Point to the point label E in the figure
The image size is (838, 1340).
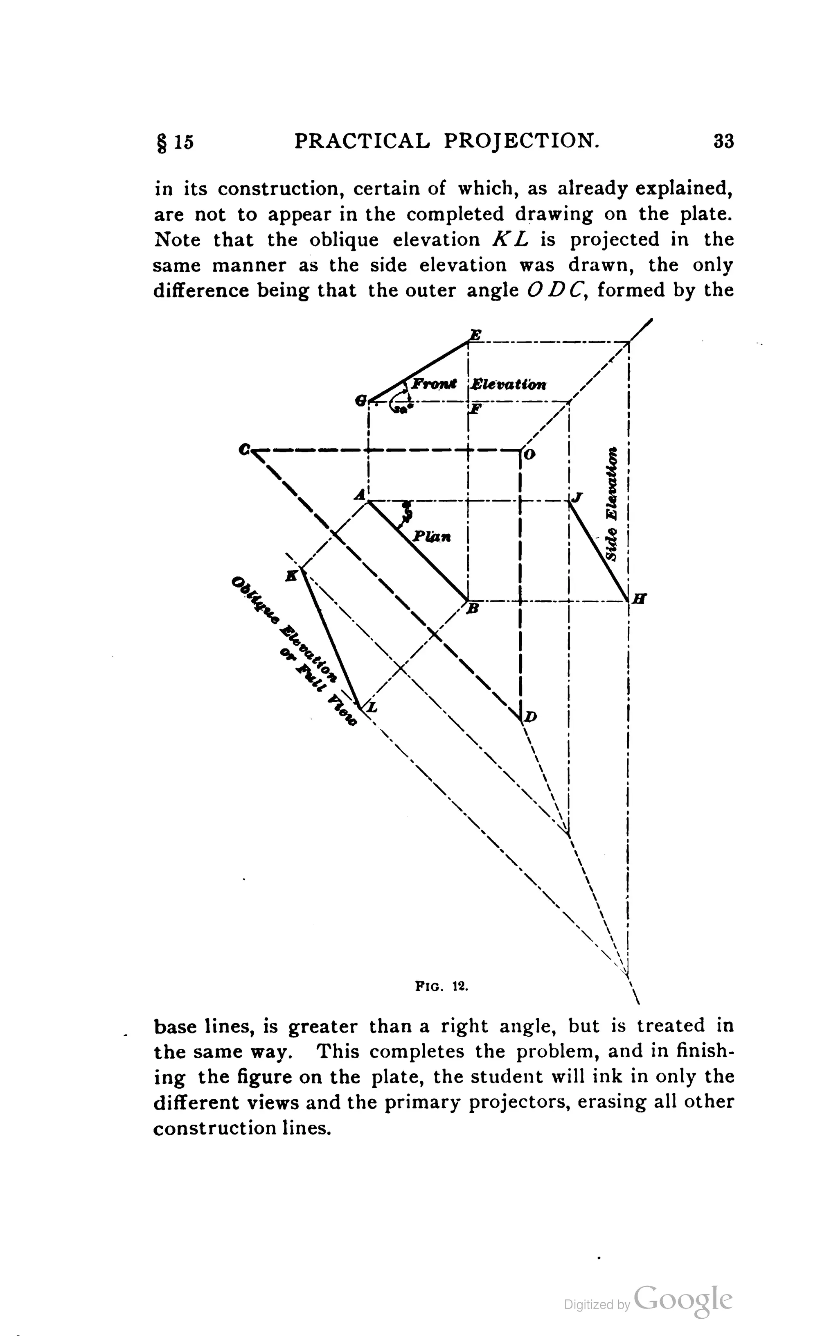(475, 334)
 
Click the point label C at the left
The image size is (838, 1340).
(244, 449)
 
